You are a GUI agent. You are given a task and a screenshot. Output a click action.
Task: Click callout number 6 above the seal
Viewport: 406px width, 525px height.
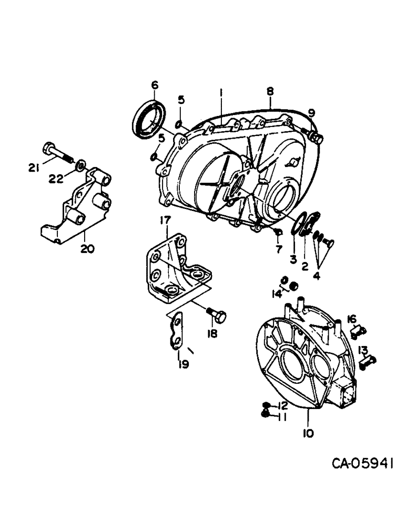(x=154, y=86)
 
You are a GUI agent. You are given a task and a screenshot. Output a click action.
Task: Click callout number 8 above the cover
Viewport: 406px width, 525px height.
(x=270, y=91)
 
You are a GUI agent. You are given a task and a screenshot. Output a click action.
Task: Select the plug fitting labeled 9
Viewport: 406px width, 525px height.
(x=317, y=138)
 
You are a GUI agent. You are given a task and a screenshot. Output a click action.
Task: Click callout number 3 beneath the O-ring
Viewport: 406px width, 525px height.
(x=293, y=259)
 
